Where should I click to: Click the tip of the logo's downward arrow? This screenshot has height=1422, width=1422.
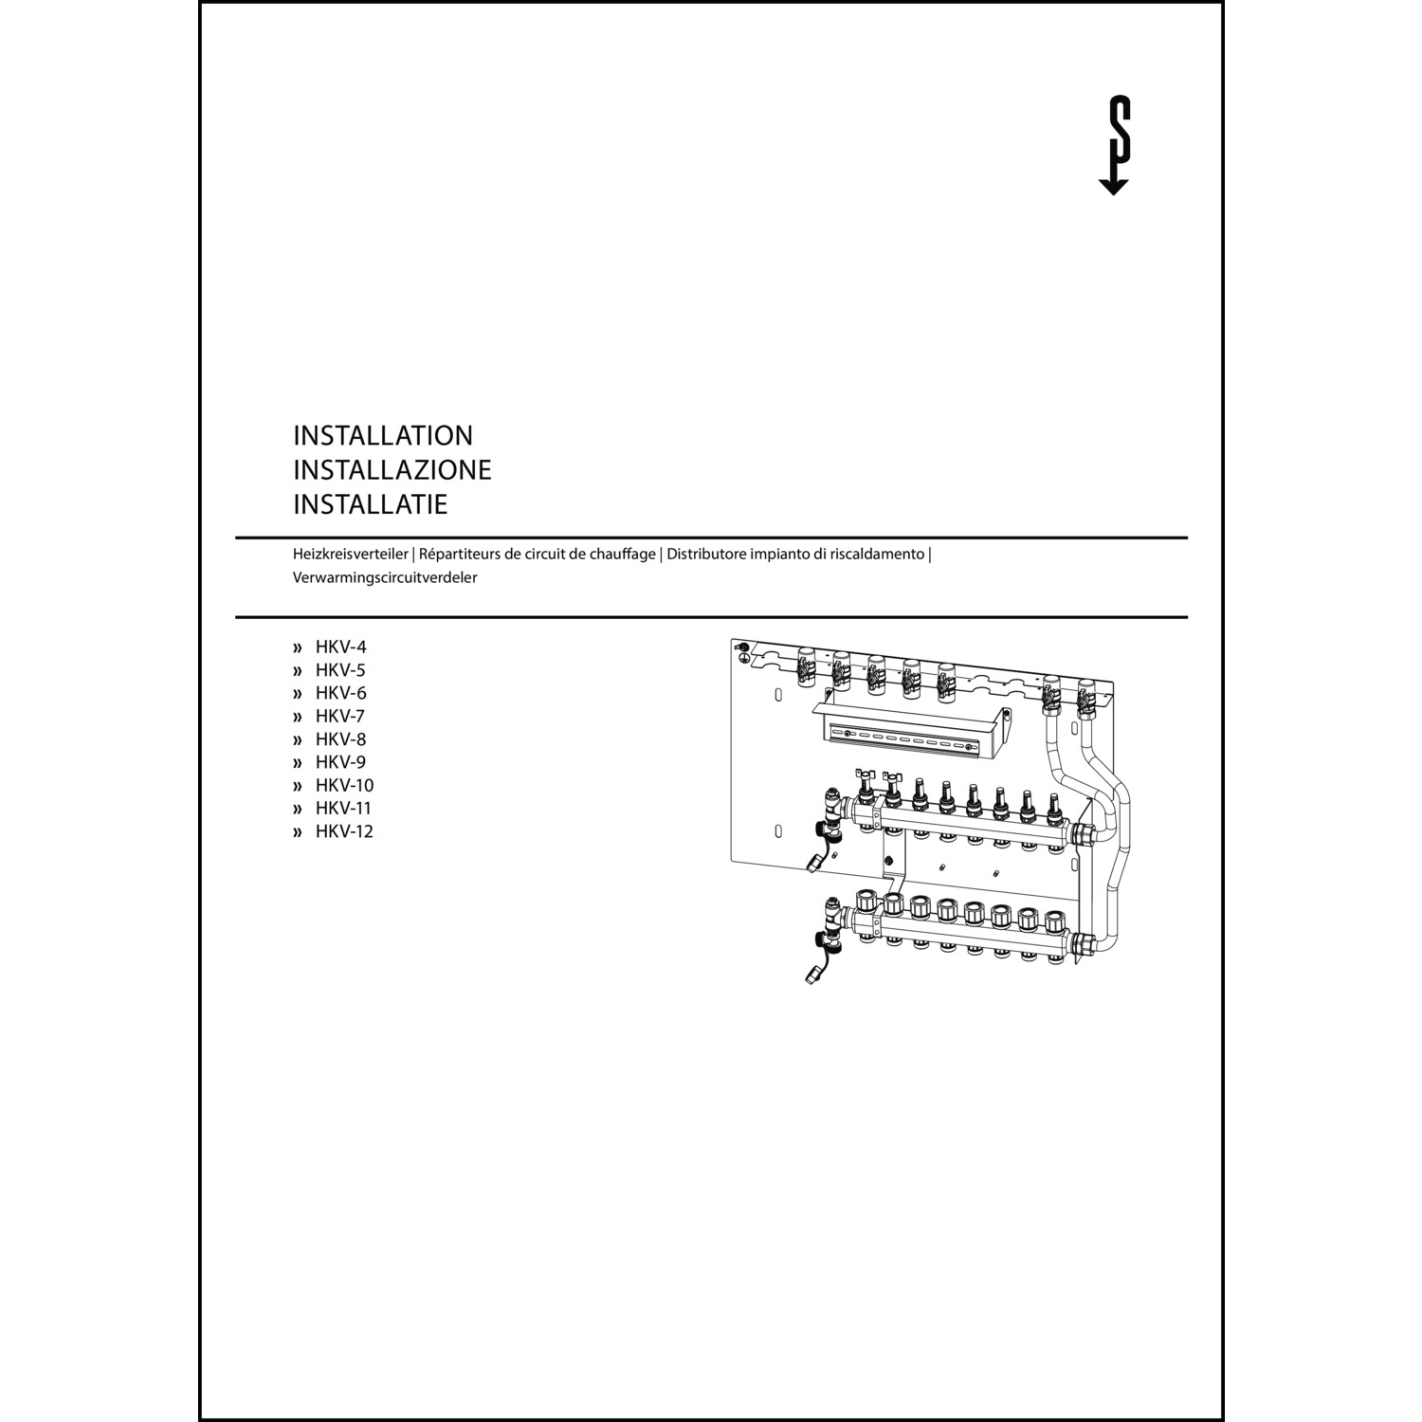point(1113,194)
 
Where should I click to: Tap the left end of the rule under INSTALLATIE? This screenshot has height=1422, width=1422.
point(235,538)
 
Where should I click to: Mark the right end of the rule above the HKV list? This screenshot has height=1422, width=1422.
point(1188,617)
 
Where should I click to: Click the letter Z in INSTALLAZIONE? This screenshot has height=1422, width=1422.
point(423,470)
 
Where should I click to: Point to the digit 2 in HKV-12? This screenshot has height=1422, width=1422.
point(367,831)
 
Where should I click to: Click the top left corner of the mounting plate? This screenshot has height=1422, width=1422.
point(732,639)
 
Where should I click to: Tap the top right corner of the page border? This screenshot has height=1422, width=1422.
point(1223,2)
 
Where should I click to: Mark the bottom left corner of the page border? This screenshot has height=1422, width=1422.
point(200,1419)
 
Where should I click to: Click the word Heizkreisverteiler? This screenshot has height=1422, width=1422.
point(351,554)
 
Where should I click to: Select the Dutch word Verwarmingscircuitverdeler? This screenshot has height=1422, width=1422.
point(385,577)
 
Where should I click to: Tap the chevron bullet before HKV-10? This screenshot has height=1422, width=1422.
point(298,786)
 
